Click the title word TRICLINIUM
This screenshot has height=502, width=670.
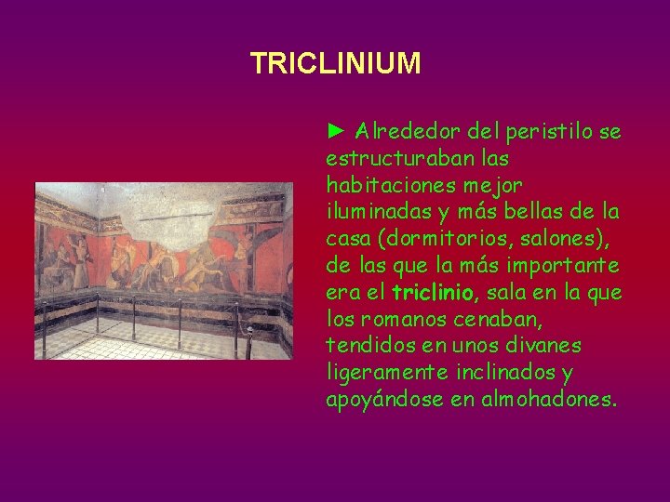[335, 63]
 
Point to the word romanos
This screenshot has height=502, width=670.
[398, 319]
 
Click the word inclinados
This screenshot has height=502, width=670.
[501, 373]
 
